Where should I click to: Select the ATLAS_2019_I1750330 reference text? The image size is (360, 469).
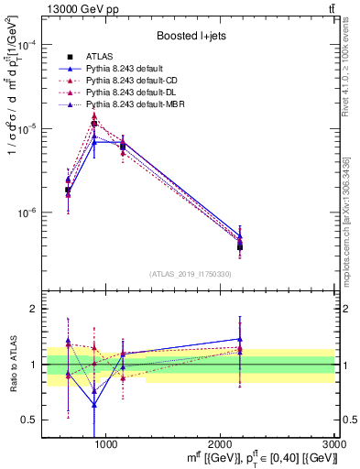191,274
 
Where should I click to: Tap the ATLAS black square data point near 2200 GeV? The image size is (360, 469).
240,246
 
